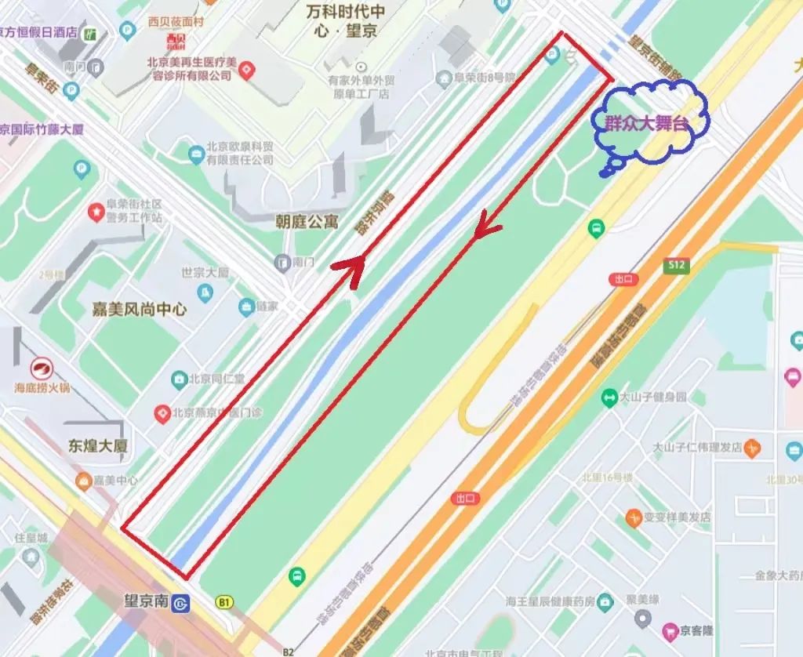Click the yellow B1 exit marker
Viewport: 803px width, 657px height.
(225, 602)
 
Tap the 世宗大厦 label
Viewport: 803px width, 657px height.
(205, 273)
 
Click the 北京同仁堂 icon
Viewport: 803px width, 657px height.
(179, 379)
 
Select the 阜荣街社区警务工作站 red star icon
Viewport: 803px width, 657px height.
(96, 210)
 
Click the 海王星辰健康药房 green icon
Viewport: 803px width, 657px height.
(605, 602)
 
